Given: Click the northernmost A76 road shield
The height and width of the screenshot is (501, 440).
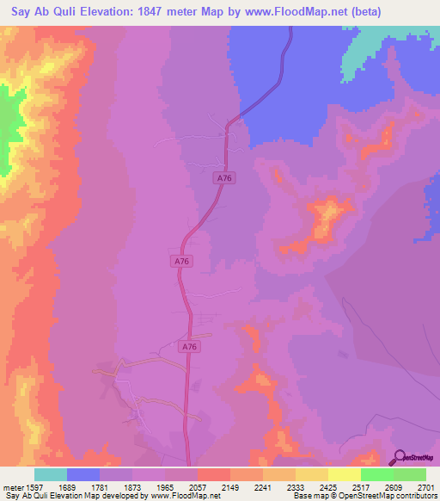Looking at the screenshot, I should coord(224,177).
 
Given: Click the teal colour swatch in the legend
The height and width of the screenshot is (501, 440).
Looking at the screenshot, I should coord(50,474).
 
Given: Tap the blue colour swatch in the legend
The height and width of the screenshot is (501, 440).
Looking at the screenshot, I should coord(82,474).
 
